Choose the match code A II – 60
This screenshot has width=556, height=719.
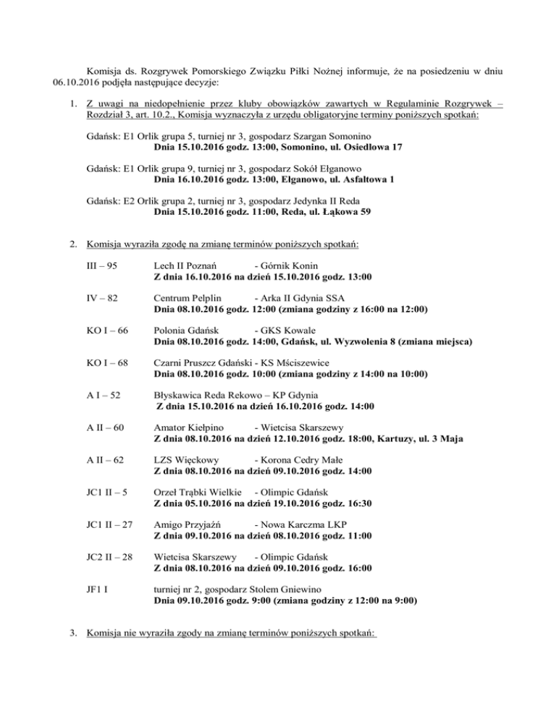pos(105,427)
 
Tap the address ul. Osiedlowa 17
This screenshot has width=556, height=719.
pos(359,148)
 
